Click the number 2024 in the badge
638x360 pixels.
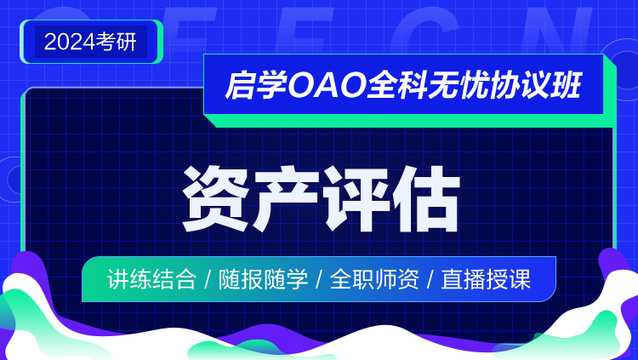pyautogui.click(x=70, y=42)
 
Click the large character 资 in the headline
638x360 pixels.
pyautogui.click(x=216, y=199)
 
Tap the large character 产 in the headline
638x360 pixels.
pyautogui.click(x=286, y=199)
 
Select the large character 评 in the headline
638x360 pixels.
pyautogui.click(x=356, y=199)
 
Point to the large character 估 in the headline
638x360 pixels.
pyautogui.click(x=426, y=199)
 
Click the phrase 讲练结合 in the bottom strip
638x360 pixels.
pyautogui.click(x=151, y=279)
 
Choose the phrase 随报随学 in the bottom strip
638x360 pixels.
pyautogui.click(x=263, y=279)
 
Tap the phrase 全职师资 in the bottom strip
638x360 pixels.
pyautogui.click(x=374, y=279)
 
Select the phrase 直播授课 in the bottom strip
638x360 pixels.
pyautogui.click(x=486, y=279)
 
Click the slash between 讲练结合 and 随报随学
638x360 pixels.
pyautogui.click(x=208, y=280)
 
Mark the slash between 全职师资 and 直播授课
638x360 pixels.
pyautogui.click(x=430, y=280)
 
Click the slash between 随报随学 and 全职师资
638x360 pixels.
pyautogui.click(x=319, y=280)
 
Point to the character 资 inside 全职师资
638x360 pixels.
pyautogui.click(x=408, y=279)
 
